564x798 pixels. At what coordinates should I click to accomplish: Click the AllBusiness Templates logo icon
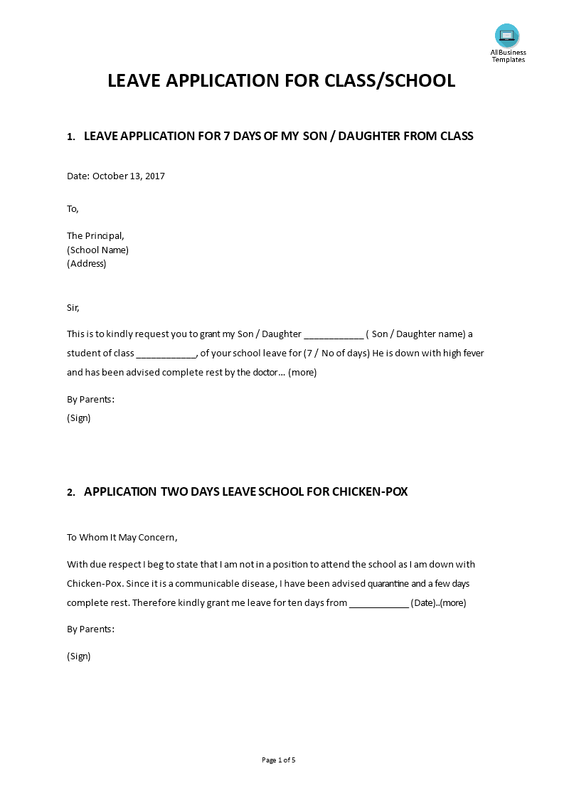[507, 36]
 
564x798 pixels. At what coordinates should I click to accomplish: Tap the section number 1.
[70, 137]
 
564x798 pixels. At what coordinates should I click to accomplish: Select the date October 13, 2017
[129, 176]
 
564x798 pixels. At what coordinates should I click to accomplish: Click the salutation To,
[73, 209]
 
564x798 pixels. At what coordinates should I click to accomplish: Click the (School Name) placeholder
[97, 250]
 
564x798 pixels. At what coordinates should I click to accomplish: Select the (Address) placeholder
[86, 263]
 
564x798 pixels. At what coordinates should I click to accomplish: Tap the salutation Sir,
[73, 308]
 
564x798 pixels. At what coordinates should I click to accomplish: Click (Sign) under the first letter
[79, 418]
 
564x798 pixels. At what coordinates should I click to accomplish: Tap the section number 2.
[70, 492]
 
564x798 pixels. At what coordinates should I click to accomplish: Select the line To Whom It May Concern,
[122, 538]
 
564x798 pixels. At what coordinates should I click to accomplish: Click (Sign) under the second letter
[79, 656]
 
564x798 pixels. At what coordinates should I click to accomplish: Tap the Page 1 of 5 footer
[279, 760]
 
